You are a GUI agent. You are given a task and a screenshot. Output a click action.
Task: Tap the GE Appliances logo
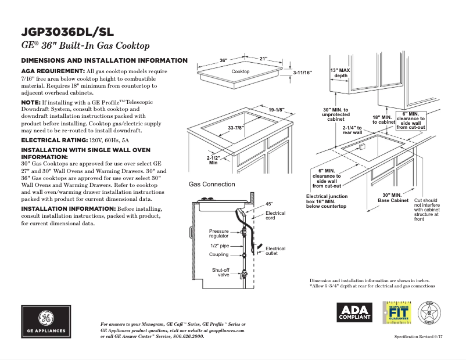45,322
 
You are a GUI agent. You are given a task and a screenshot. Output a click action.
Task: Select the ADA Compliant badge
354,312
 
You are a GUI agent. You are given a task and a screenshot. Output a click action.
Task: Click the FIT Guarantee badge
396,312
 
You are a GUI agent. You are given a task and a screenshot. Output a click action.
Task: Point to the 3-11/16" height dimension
302,73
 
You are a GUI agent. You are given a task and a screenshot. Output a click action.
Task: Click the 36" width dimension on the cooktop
224,60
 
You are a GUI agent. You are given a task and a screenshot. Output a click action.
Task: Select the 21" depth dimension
263,59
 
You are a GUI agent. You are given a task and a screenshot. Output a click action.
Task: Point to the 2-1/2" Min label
213,160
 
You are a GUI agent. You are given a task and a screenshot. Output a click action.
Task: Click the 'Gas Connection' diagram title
212,184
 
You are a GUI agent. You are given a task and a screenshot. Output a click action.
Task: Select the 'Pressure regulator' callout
219,233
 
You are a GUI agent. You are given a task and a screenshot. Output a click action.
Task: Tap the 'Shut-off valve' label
220,272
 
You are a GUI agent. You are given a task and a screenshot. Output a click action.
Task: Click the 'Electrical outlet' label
275,251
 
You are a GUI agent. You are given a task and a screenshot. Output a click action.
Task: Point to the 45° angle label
269,204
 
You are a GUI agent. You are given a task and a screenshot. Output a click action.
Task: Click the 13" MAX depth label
341,73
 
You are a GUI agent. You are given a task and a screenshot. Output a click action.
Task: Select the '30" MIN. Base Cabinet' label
393,197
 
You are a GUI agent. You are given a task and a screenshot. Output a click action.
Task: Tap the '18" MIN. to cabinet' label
383,120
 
